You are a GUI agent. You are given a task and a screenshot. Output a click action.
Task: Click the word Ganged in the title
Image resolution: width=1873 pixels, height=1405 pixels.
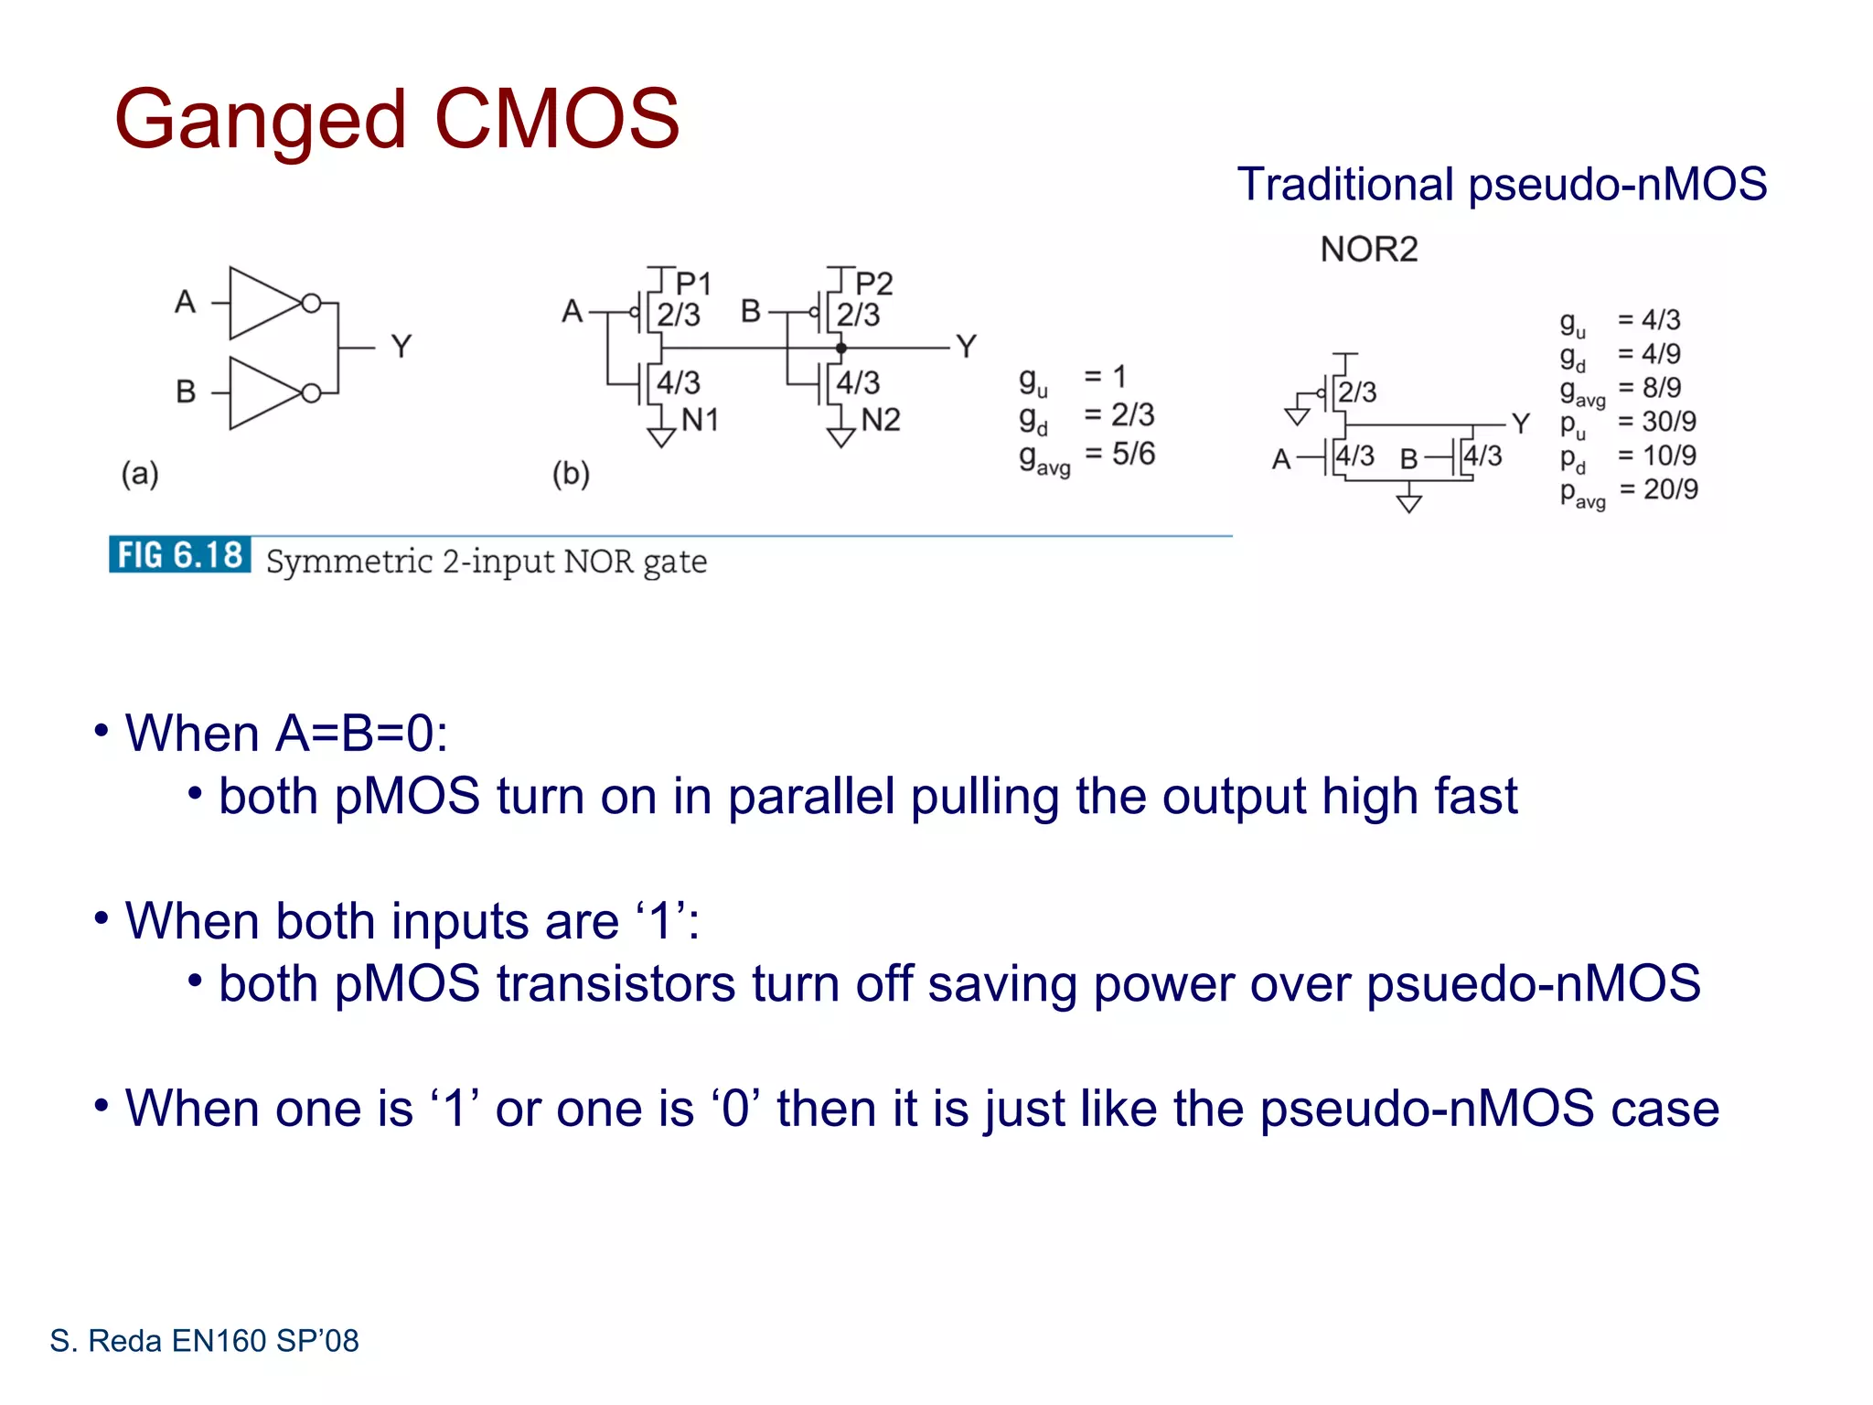(260, 121)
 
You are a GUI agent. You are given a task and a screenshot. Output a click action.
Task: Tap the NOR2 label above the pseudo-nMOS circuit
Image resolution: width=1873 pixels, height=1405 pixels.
(1368, 249)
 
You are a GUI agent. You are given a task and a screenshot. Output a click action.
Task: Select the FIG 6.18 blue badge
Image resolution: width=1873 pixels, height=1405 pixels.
(180, 554)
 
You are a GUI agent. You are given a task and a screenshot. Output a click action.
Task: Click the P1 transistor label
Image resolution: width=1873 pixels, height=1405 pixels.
(692, 283)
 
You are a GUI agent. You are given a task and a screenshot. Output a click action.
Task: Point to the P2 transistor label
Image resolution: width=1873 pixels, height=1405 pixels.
(873, 283)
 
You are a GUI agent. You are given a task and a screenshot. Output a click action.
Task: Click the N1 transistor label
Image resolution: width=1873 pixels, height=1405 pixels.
(700, 420)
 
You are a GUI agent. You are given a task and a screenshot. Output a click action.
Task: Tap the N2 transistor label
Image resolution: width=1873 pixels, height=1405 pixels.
(881, 420)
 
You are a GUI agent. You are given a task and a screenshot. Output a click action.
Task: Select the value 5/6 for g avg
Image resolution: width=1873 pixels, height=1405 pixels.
(1133, 454)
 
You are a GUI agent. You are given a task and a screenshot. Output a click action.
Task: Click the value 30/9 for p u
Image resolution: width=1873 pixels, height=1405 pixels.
(1668, 422)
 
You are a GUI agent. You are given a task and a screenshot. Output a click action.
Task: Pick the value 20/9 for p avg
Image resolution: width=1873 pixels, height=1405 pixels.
(1670, 489)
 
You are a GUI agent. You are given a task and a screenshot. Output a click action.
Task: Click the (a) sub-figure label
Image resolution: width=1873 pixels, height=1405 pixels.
(140, 474)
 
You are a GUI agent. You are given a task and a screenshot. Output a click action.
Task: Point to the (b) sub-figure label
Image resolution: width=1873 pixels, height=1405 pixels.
(571, 474)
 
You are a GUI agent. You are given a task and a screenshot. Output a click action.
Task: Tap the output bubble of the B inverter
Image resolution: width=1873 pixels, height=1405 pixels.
(311, 393)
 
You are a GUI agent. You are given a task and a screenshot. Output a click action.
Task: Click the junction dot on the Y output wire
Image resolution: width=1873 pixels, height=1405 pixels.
(840, 348)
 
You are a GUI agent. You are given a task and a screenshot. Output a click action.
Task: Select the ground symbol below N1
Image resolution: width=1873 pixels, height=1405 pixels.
(660, 437)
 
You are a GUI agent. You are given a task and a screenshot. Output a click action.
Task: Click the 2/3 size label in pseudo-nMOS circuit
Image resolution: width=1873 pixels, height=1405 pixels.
(1357, 392)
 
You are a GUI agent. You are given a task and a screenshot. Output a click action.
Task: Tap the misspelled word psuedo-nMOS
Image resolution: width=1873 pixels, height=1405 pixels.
(1533, 983)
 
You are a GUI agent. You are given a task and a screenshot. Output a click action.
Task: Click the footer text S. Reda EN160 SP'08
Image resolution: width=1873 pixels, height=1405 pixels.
(204, 1341)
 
